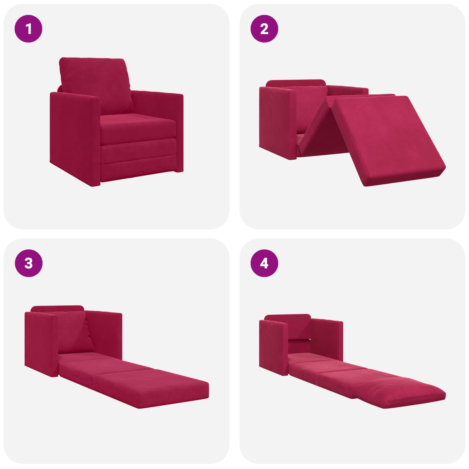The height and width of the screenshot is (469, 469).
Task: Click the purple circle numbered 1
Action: click(x=28, y=29)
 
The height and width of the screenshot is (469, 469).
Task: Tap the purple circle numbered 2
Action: click(x=264, y=29)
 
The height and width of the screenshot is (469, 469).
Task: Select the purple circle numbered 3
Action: click(x=28, y=263)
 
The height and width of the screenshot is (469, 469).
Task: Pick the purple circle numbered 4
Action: click(x=264, y=263)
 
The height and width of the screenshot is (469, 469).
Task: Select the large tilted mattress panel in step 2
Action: click(x=390, y=141)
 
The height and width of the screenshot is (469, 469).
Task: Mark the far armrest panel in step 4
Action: click(x=327, y=337)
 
